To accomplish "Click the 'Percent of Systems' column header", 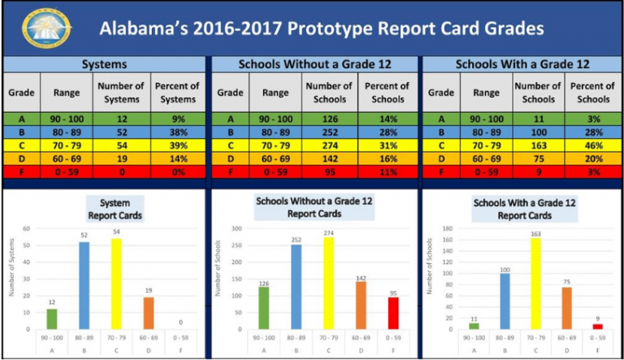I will tap(179, 93).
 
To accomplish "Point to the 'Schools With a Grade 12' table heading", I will tap(520, 64).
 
